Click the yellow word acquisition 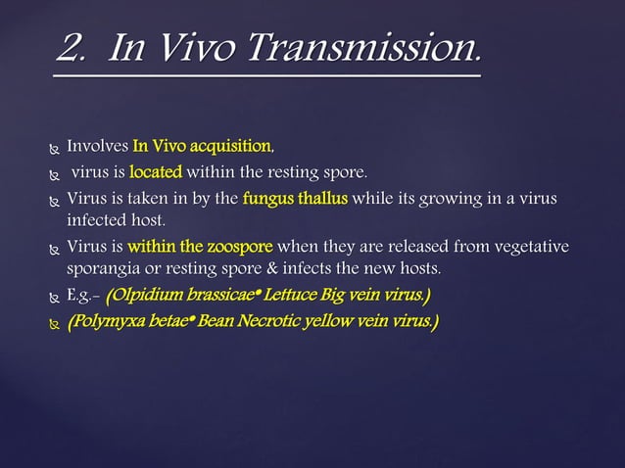pyautogui.click(x=229, y=147)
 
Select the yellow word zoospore pyautogui.click(x=239, y=245)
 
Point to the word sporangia pyautogui.click(x=102, y=267)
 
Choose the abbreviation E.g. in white pyautogui.click(x=81, y=294)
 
